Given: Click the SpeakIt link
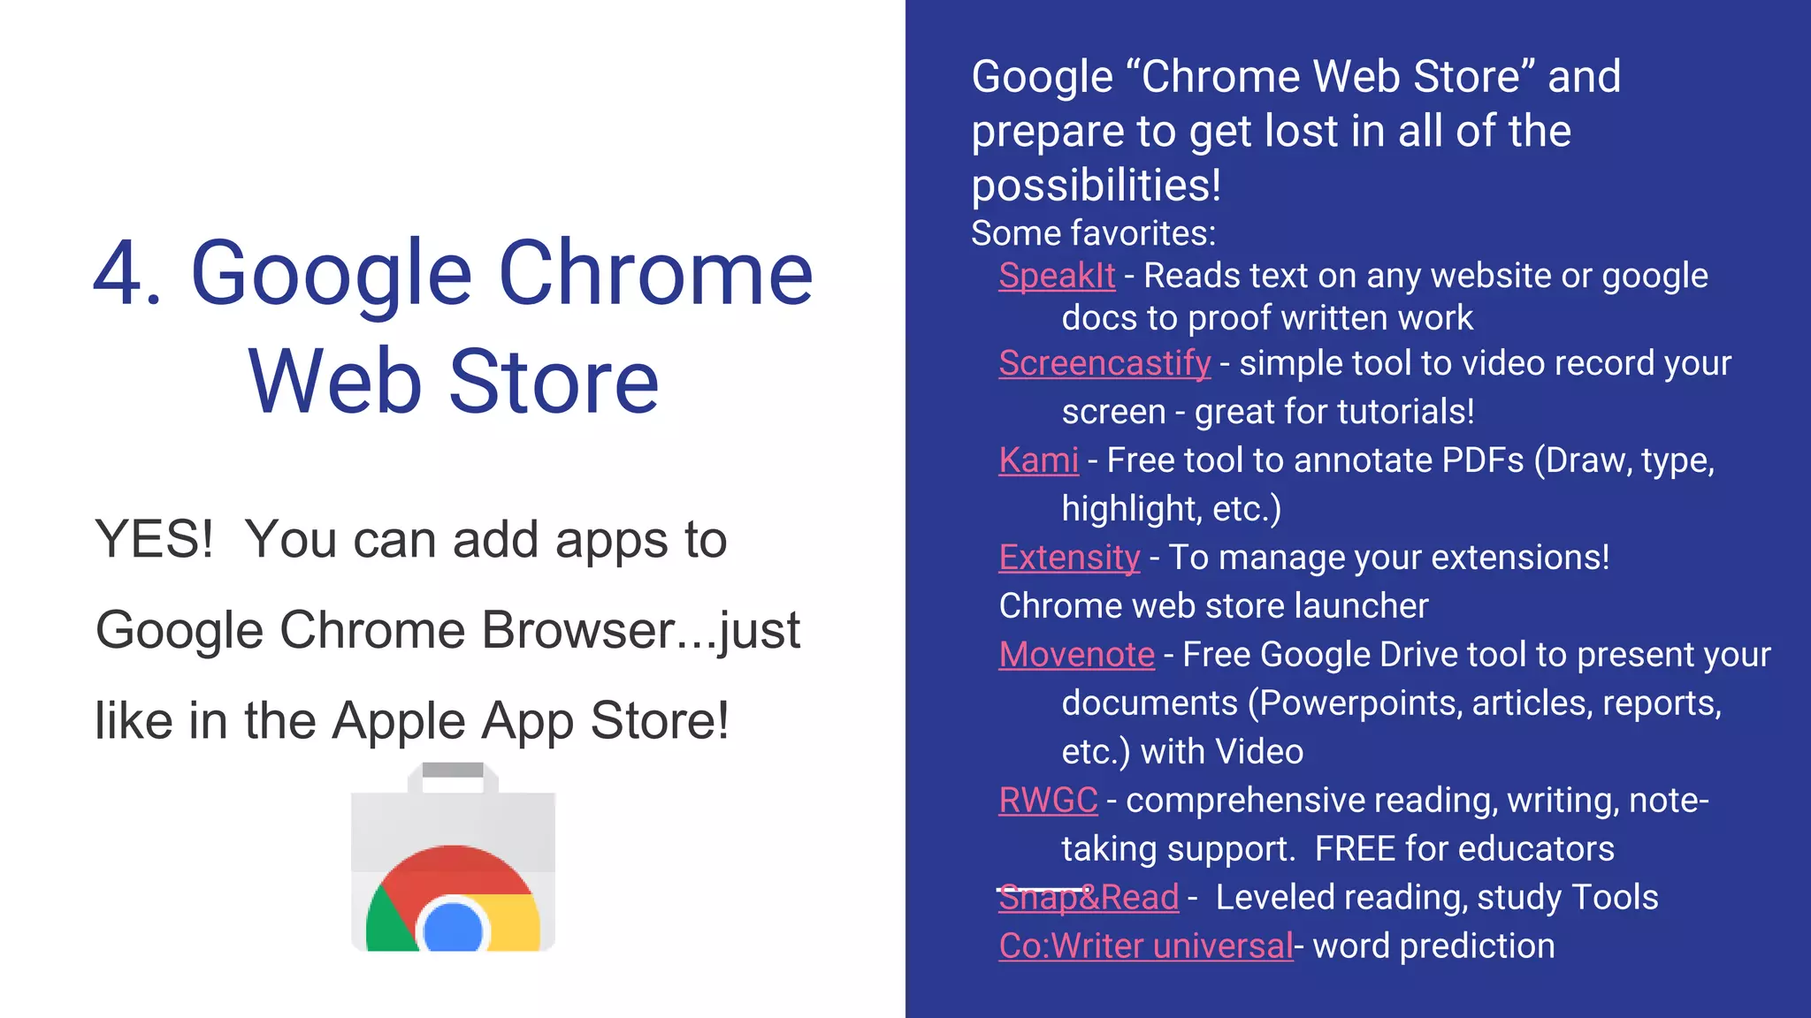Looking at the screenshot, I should pos(1057,276).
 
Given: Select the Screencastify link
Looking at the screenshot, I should pos(1104,363).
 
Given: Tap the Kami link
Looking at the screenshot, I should pos(1038,460).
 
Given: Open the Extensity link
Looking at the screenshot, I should pos(1069,558).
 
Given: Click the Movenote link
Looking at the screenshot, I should pos(1076,655).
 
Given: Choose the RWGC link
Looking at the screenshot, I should pos(1048,801).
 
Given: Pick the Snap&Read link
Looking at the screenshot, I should pos(1089,898).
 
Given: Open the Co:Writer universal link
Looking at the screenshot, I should pos(1145,946).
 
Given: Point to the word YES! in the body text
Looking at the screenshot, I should pos(154,539).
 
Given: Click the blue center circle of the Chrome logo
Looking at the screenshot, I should pos(453,928).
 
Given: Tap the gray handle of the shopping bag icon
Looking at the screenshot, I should pos(453,771).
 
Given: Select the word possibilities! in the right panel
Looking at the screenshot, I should pos(1096,186).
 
